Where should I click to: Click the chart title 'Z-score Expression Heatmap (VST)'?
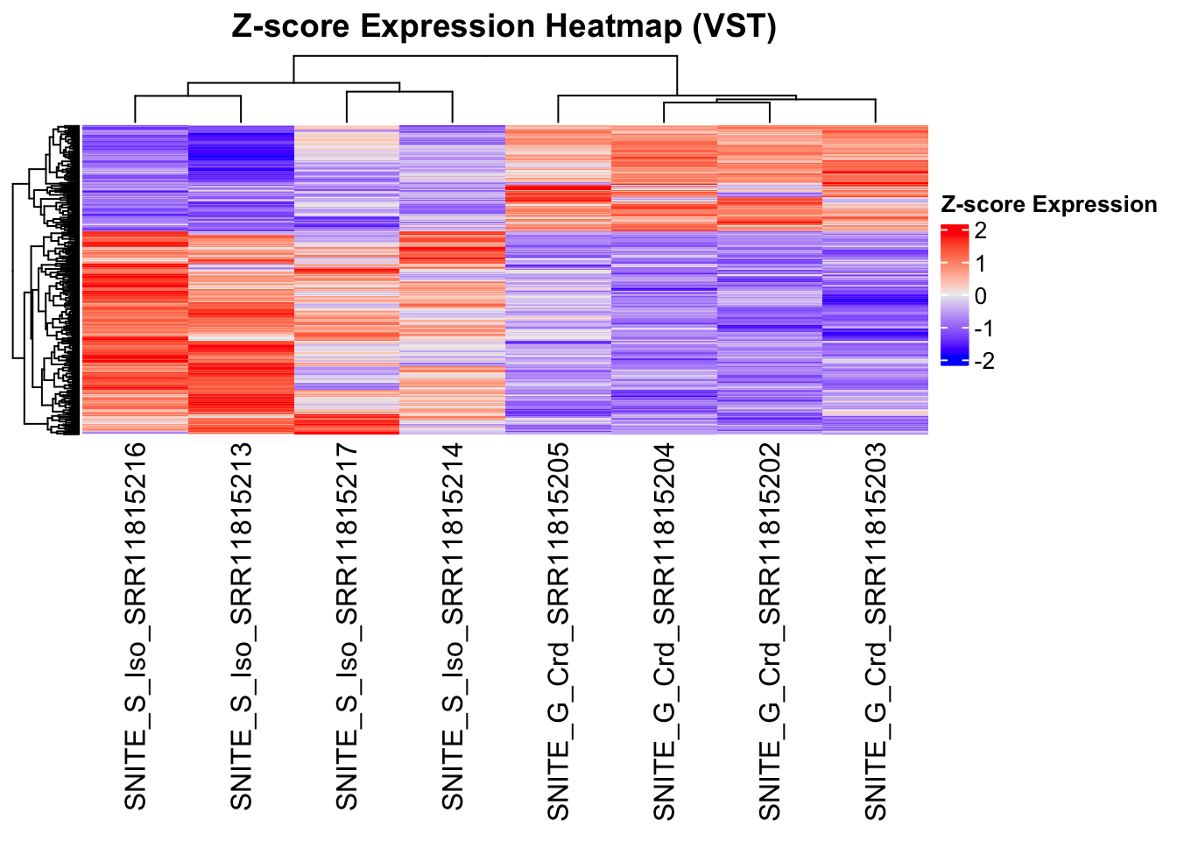(x=504, y=26)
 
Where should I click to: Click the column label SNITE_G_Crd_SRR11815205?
(x=559, y=631)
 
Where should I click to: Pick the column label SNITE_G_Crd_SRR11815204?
(x=665, y=631)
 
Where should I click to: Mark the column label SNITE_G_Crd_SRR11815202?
(x=770, y=631)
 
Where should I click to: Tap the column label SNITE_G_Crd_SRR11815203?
(x=876, y=631)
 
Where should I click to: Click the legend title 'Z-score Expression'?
(x=1048, y=205)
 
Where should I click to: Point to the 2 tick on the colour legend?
(x=980, y=231)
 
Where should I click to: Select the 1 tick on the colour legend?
(x=980, y=264)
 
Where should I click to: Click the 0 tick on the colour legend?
(x=980, y=296)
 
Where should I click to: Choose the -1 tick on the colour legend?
(x=983, y=329)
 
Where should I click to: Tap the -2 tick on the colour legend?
(x=983, y=361)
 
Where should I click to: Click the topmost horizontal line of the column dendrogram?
(x=486, y=56)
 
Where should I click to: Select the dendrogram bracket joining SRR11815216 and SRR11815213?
(x=188, y=95)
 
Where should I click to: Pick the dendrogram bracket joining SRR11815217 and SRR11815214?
(x=399, y=91)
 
